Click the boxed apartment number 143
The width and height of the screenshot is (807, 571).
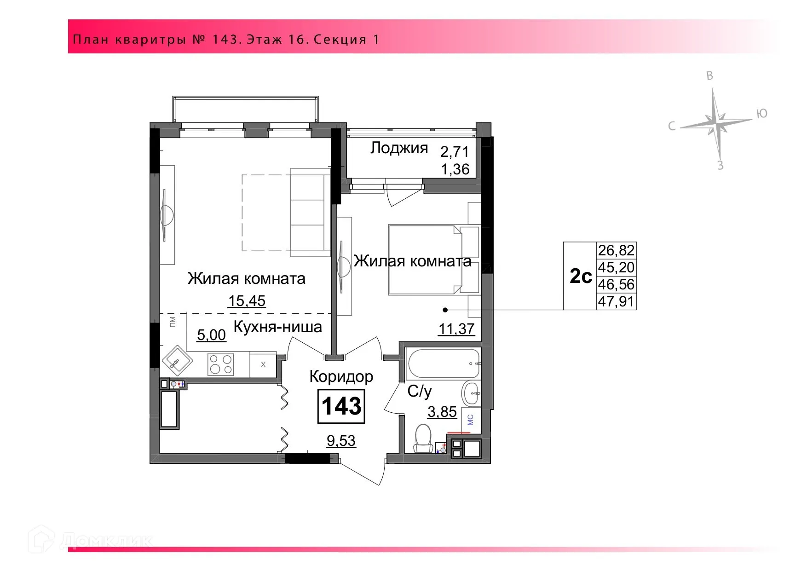click(341, 406)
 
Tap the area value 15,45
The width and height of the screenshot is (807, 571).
click(247, 301)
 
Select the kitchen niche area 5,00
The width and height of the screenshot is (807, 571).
click(212, 335)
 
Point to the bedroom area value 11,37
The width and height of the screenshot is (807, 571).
click(456, 329)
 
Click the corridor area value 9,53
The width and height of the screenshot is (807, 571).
click(341, 441)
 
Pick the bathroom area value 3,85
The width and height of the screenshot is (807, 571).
click(442, 411)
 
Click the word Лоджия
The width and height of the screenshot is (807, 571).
click(399, 148)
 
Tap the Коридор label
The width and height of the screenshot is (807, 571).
click(341, 376)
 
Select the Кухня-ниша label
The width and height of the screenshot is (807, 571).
click(278, 327)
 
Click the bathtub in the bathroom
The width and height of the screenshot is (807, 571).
click(443, 363)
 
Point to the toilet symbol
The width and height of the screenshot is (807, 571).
click(423, 438)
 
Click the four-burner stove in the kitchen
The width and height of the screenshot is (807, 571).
click(221, 364)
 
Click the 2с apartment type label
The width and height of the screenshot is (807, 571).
click(581, 276)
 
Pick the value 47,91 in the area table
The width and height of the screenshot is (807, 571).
click(617, 302)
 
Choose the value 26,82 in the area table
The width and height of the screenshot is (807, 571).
click(617, 250)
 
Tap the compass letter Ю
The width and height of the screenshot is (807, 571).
click(762, 114)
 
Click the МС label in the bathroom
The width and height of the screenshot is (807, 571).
click(470, 420)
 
